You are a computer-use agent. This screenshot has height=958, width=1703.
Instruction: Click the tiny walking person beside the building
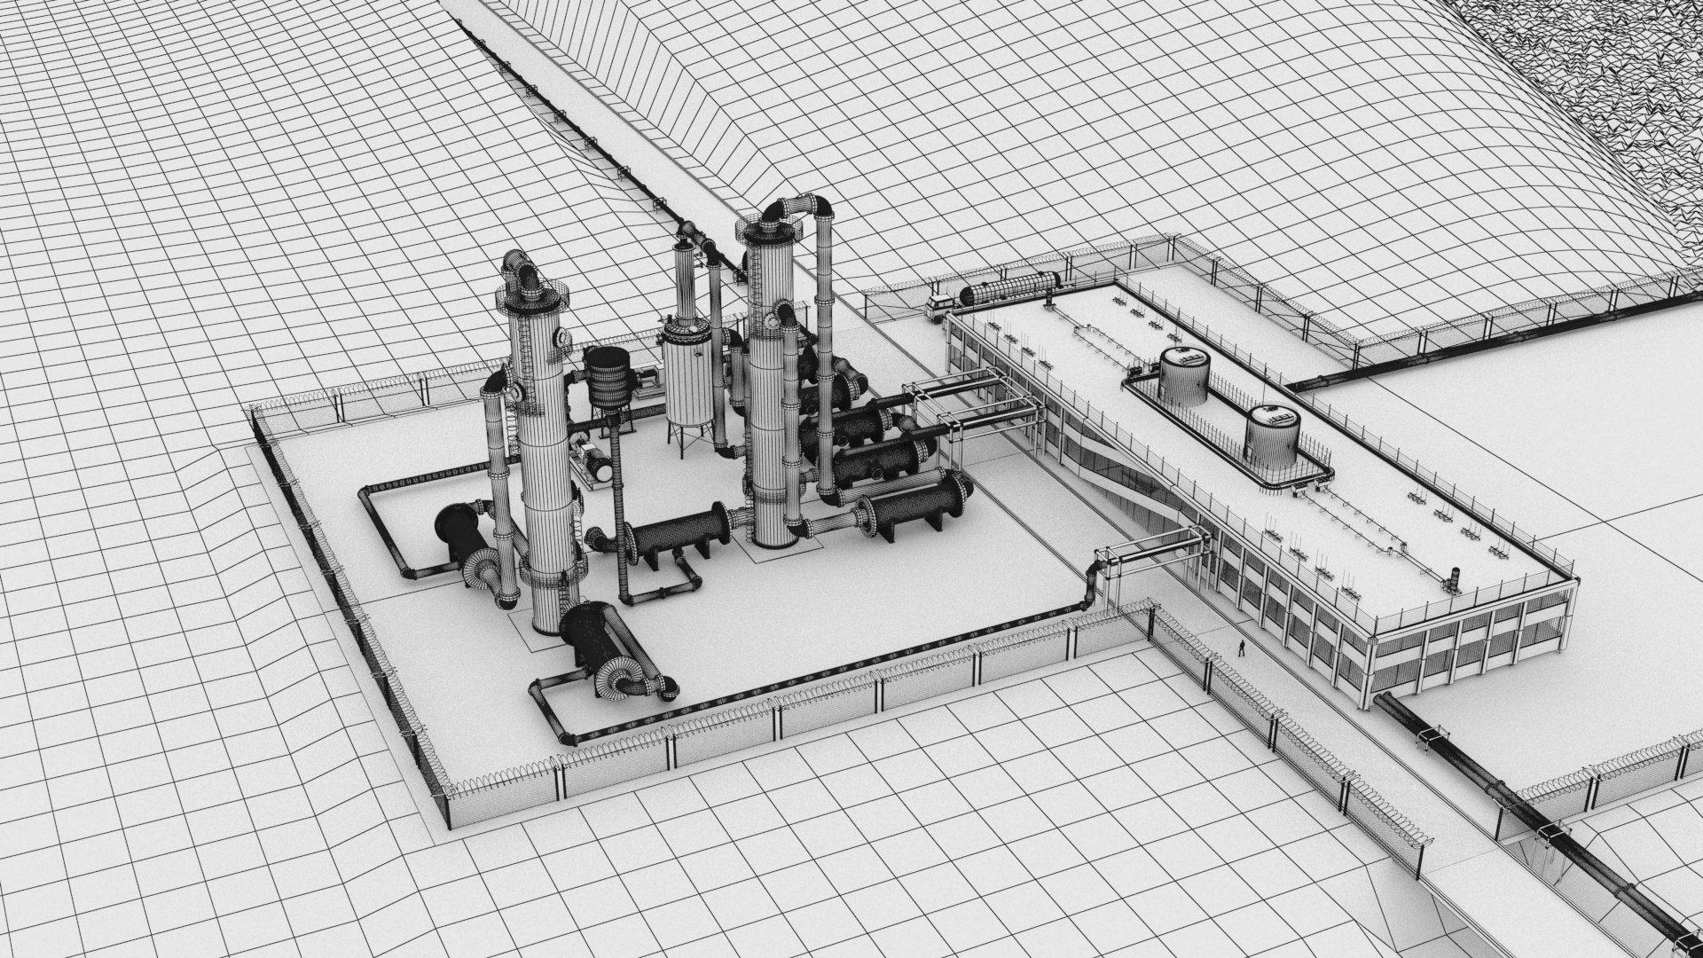point(1242,648)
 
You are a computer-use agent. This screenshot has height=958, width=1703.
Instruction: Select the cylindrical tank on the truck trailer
point(1012,286)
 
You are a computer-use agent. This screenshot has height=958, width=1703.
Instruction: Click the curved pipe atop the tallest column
point(798,209)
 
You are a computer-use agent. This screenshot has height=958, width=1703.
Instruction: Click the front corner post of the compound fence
point(446,798)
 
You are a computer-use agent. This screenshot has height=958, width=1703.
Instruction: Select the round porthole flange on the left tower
point(561,337)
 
